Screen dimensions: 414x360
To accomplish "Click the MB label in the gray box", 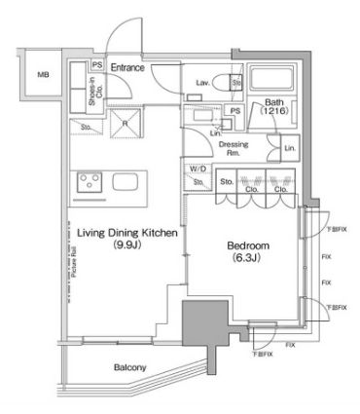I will tap(43, 74).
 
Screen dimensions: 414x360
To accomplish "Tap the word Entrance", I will tap(128, 67).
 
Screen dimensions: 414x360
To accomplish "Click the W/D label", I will tap(198, 169).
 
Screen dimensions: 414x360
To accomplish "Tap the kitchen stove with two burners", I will tap(90, 181).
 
